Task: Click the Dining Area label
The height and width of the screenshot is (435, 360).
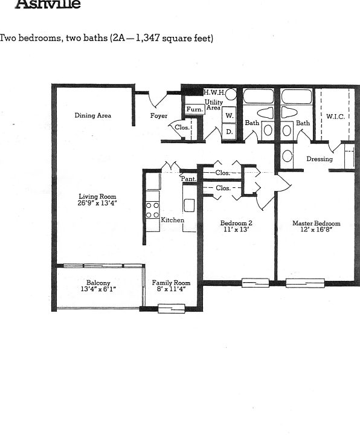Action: [92, 115]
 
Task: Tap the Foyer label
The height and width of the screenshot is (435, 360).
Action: [159, 115]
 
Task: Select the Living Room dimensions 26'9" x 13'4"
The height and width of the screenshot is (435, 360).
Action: [97, 204]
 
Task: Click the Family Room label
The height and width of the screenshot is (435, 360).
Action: [171, 283]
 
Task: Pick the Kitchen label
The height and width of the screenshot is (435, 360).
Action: [172, 220]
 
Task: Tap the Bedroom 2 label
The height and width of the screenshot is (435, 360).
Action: [236, 223]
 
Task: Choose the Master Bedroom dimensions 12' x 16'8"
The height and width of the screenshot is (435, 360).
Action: [317, 230]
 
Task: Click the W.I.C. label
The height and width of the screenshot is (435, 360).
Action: [335, 117]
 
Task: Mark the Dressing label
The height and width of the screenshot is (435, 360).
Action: [320, 159]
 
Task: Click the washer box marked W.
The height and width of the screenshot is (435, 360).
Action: [230, 115]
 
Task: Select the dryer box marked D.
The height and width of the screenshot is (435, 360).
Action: [230, 131]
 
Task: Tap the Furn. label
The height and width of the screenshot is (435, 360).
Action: [194, 109]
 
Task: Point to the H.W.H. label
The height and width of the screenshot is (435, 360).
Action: [214, 93]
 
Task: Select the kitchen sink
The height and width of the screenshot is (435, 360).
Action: [189, 206]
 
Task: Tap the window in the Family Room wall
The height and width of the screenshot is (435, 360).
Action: [171, 309]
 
